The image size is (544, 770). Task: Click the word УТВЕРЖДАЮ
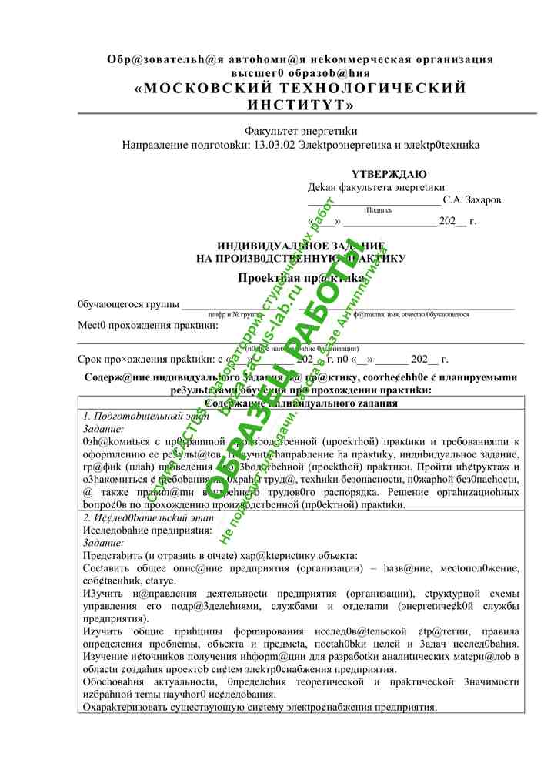(389, 174)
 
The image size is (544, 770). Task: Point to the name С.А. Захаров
(472, 199)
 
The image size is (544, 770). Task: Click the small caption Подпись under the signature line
(379, 210)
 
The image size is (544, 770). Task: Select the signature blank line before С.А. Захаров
(374, 203)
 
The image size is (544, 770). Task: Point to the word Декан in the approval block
(322, 186)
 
